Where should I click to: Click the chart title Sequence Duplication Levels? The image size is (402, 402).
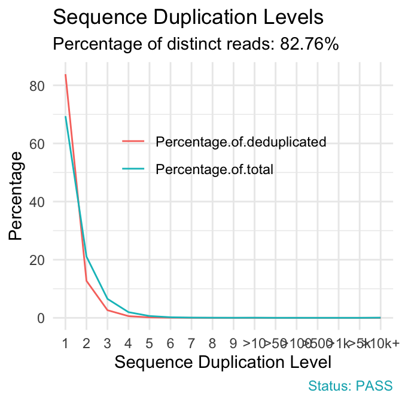188,17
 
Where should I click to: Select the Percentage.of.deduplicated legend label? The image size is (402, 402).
240,142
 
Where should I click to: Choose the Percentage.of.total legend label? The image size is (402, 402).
214,170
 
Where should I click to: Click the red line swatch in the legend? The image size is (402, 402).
134,142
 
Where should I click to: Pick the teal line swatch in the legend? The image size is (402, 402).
134,170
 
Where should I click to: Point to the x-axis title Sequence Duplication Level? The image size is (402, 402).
223,362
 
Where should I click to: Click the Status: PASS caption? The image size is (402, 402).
350,385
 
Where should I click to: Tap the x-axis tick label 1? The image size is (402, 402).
65,343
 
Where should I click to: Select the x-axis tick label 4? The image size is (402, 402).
128,343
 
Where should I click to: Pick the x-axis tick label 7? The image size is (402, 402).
191,343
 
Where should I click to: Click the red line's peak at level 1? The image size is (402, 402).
65,75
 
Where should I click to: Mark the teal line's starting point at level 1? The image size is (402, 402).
65,117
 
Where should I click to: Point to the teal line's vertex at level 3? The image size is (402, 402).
107,299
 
